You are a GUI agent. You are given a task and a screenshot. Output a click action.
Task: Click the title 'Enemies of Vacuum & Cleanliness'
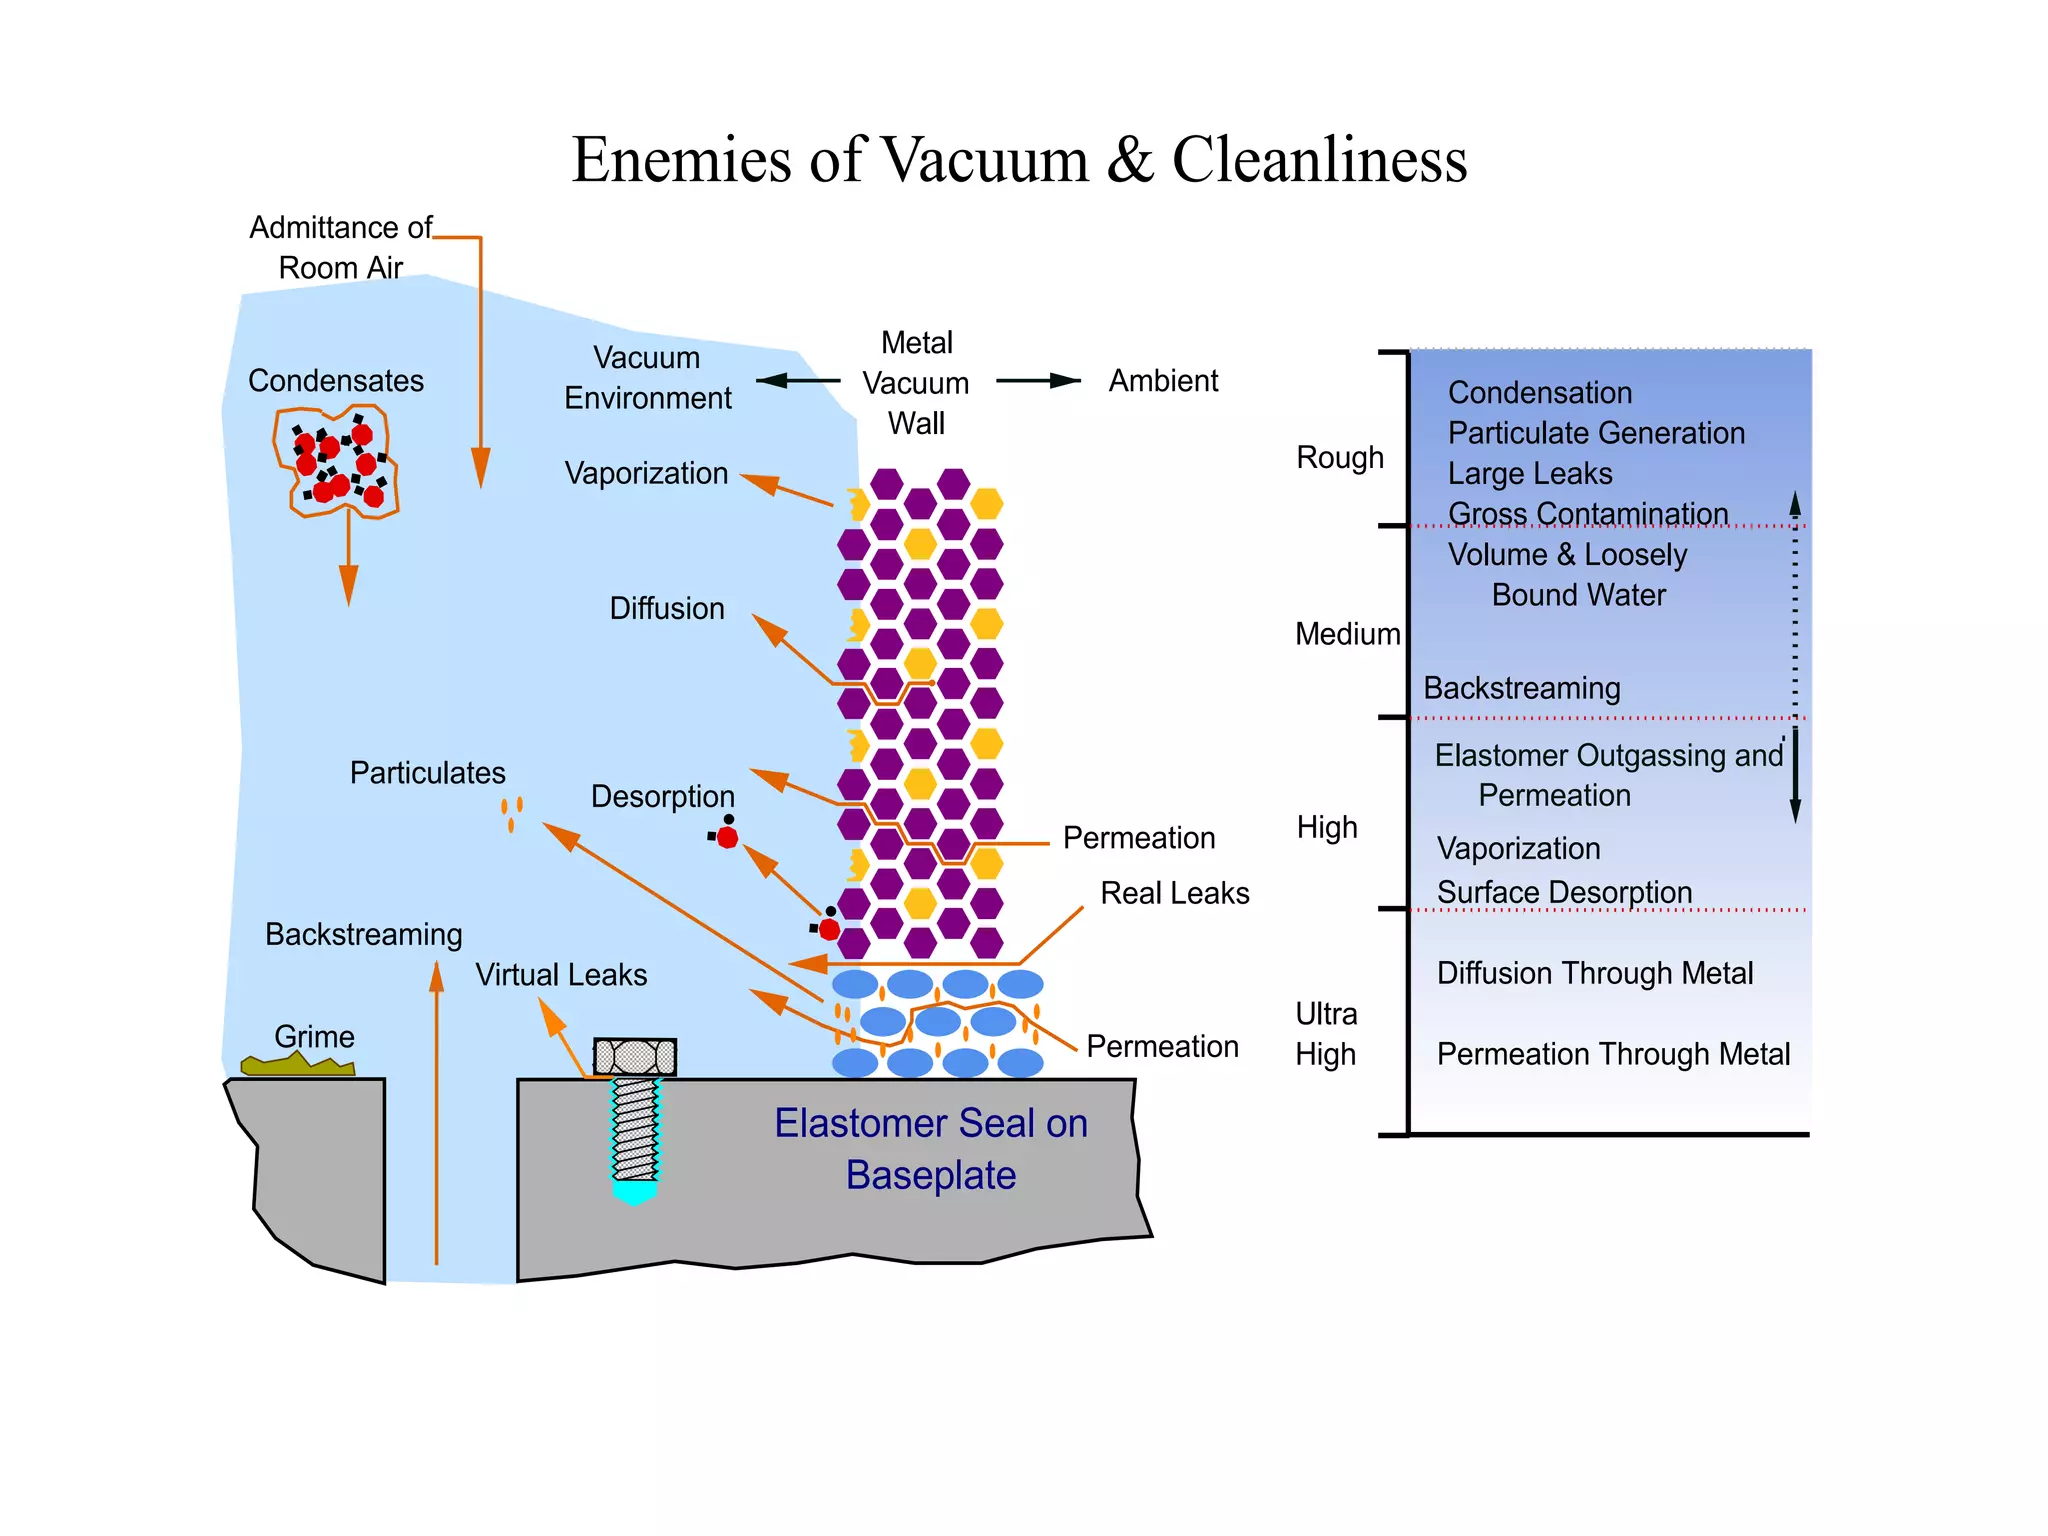click(1018, 160)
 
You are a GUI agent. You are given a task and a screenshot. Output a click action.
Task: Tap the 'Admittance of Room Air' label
click(340, 247)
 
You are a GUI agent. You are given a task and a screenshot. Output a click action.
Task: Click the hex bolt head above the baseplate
click(635, 1056)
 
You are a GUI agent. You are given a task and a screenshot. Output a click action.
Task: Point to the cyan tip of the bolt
click(635, 1191)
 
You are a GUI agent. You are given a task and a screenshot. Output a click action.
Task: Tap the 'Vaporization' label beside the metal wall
click(646, 473)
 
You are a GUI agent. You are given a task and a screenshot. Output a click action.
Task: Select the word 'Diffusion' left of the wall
click(667, 608)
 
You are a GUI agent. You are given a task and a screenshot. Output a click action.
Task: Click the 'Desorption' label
click(662, 796)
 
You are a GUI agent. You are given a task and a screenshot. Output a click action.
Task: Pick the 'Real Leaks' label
click(1174, 893)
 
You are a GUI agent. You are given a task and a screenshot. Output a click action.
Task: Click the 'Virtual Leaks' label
click(561, 975)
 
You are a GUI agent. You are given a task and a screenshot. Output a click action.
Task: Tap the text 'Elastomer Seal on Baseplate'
click(930, 1149)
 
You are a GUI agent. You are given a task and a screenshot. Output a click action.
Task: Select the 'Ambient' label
click(1163, 381)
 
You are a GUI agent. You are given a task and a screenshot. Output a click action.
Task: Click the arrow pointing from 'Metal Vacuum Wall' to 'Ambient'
click(1038, 381)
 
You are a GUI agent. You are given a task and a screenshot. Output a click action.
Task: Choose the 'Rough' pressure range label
click(1340, 458)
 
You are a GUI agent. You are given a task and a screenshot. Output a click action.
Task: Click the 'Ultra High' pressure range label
click(1326, 1034)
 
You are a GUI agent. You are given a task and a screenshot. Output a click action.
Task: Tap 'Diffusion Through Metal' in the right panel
click(1594, 973)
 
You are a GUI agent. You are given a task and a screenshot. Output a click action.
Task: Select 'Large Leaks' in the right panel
click(1530, 473)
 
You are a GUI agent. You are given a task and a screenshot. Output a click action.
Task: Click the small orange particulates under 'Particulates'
click(512, 813)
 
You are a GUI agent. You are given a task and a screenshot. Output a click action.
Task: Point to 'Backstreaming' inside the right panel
click(1521, 688)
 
